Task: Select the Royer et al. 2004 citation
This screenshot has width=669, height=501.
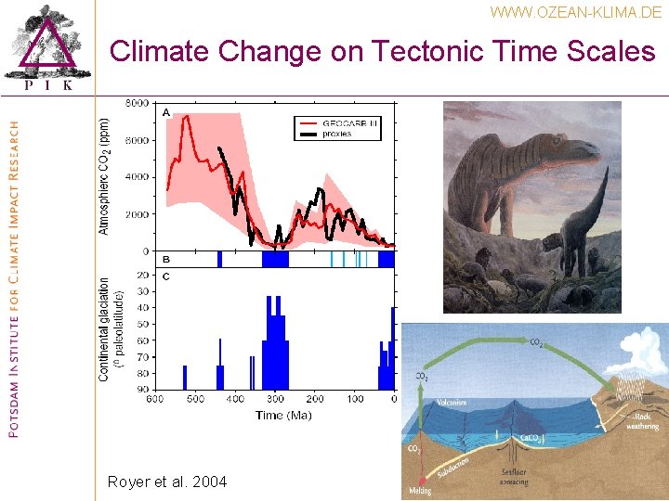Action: point(166,482)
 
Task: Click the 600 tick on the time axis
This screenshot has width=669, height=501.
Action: point(155,399)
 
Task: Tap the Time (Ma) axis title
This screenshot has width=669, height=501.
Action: point(283,415)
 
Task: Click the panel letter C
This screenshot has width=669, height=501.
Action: point(166,276)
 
